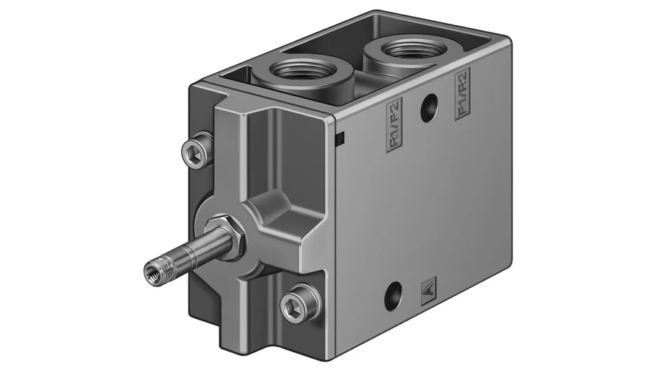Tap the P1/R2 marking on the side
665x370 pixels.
463,93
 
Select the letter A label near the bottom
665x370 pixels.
429,292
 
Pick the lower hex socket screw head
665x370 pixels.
299,303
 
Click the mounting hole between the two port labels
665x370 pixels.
429,108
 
